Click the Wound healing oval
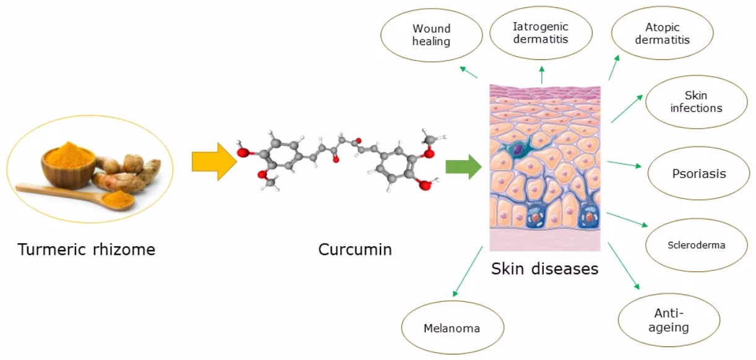(x=431, y=35)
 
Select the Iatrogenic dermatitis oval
(x=540, y=33)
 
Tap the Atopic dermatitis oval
(x=662, y=33)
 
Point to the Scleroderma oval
(x=696, y=245)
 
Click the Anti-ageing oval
(x=669, y=320)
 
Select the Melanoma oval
(x=452, y=328)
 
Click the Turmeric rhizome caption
(x=87, y=250)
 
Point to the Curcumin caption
(x=355, y=250)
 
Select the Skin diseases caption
(x=544, y=269)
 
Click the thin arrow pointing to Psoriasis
(x=625, y=165)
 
